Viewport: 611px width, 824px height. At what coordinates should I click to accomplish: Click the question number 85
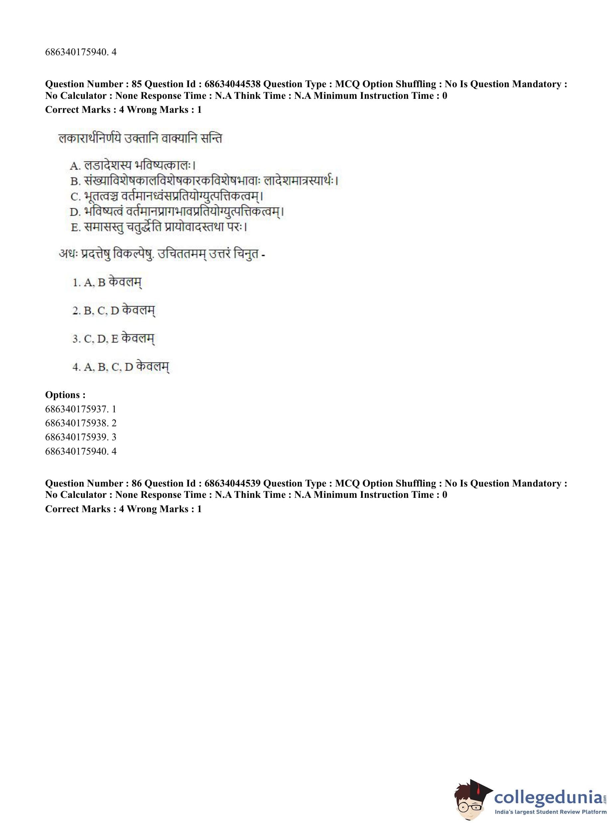(x=136, y=84)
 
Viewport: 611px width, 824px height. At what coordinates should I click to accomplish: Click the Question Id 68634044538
(x=232, y=84)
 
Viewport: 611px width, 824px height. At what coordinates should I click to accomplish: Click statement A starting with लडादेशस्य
(x=133, y=165)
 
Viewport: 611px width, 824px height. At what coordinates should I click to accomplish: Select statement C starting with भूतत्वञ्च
(x=167, y=196)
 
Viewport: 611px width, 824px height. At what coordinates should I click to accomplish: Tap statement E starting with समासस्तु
(x=159, y=227)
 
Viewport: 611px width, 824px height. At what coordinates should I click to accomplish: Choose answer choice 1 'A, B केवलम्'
(x=107, y=283)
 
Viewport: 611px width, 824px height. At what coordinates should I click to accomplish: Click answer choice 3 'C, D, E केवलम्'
(x=113, y=338)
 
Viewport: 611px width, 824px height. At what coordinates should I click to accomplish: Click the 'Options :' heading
(x=66, y=395)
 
